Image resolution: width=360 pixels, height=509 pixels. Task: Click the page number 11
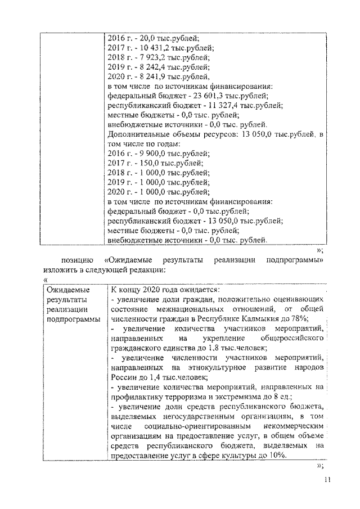click(327, 479)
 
